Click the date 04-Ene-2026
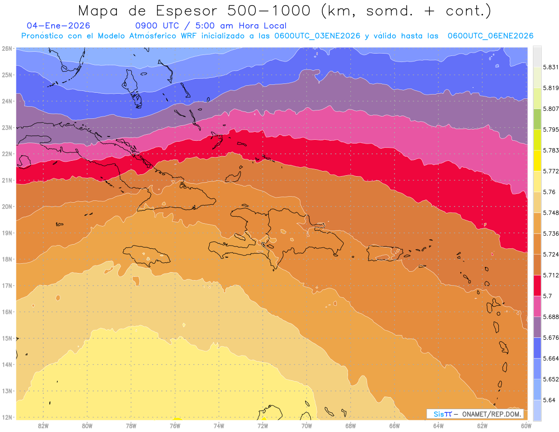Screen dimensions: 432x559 pyautogui.click(x=59, y=26)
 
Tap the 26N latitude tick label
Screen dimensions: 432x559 pyautogui.click(x=7, y=48)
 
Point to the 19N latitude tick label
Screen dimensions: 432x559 pyautogui.click(x=7, y=233)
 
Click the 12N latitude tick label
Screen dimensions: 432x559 pyautogui.click(x=7, y=417)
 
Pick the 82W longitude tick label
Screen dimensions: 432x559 pyautogui.click(x=43, y=425)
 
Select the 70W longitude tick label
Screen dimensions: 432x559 pyautogui.click(x=307, y=425)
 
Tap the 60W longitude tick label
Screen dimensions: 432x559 pyautogui.click(x=526, y=425)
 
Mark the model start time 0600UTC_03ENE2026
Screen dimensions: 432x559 pyautogui.click(x=317, y=36)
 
